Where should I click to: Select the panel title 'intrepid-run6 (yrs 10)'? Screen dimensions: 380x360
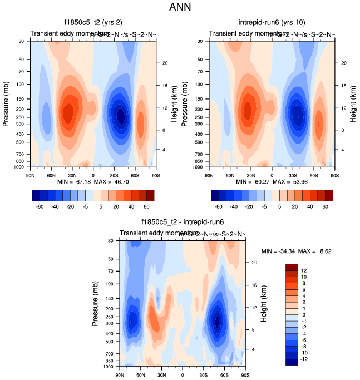point(272,22)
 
